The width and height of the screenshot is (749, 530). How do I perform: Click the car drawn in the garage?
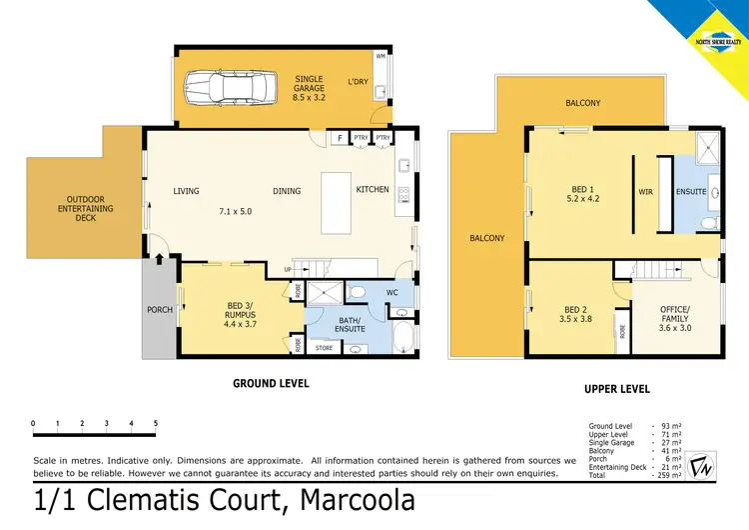pos(227,87)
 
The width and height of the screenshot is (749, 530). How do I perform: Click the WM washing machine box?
pos(380,55)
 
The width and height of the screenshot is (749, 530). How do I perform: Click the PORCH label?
pos(160,309)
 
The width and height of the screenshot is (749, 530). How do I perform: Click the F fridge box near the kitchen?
pos(340,138)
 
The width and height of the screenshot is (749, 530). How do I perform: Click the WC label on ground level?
pos(391,293)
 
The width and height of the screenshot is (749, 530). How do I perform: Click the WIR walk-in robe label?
pos(644,191)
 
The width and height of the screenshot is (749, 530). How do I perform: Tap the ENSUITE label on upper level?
pos(691,191)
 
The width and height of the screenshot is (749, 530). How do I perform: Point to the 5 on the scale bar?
pos(155,424)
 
